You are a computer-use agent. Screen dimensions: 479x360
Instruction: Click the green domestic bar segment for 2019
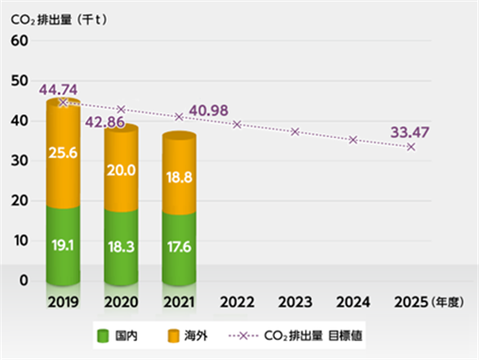pyautogui.click(x=63, y=246)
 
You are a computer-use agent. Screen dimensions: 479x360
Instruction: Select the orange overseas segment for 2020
pyautogui.click(x=121, y=168)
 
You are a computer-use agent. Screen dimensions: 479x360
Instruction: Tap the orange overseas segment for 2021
pyautogui.click(x=180, y=173)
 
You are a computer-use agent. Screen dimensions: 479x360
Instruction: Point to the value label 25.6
pyautogui.click(x=63, y=153)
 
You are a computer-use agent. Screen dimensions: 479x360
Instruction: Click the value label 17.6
pyautogui.click(x=180, y=247)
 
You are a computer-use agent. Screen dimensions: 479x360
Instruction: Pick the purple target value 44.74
pyautogui.click(x=59, y=90)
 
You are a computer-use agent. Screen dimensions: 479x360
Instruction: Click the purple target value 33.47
pyautogui.click(x=410, y=132)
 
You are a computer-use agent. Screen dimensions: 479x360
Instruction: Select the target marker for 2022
pyautogui.click(x=237, y=125)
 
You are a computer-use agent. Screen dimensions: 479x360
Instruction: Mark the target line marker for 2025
pyautogui.click(x=411, y=146)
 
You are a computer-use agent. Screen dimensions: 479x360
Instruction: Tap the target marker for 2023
pyautogui.click(x=295, y=131)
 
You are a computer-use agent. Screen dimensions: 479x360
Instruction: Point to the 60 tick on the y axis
pyautogui.click(x=20, y=41)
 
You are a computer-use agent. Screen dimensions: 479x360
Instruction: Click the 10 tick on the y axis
pyautogui.click(x=21, y=241)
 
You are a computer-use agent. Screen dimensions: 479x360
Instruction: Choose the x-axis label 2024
pyautogui.click(x=353, y=302)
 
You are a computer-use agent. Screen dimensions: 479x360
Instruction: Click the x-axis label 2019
pyautogui.click(x=63, y=302)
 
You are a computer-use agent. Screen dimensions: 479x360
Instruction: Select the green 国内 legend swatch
pyautogui.click(x=103, y=335)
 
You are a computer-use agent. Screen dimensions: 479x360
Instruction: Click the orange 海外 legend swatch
pyautogui.click(x=173, y=335)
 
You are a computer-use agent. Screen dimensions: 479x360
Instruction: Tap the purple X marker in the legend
pyautogui.click(x=244, y=335)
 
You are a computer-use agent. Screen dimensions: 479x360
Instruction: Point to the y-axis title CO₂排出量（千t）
pyautogui.click(x=59, y=20)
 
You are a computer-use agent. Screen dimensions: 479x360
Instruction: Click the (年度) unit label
pyautogui.click(x=447, y=302)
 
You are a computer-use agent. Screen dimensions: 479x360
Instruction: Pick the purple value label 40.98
pyautogui.click(x=209, y=111)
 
